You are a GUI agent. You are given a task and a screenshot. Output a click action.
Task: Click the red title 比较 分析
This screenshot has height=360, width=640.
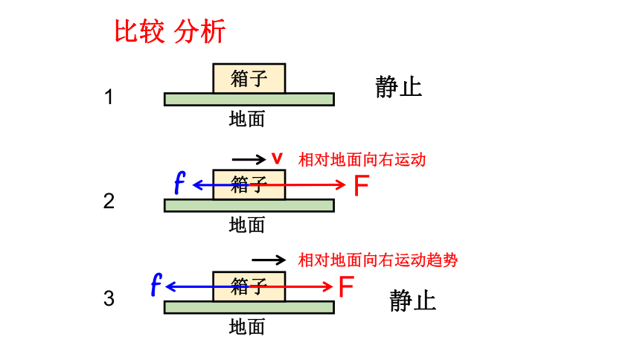pos(170,31)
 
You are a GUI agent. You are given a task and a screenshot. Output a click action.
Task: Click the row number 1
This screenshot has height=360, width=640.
pos(109,97)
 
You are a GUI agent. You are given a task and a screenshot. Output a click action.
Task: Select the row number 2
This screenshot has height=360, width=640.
pos(109,201)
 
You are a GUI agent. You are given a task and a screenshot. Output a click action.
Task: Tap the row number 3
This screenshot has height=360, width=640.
pos(109,298)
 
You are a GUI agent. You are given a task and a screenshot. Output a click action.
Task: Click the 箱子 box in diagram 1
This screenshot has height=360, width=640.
pos(249,78)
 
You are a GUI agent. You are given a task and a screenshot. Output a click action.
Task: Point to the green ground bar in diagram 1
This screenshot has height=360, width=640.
pos(249,99)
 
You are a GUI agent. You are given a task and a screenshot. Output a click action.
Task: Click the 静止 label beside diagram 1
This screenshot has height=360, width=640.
pos(398,86)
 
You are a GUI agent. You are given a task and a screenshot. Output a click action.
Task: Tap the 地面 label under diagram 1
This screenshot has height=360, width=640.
pos(247,119)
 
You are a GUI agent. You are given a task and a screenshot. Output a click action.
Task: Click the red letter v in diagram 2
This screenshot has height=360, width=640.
pos(277,158)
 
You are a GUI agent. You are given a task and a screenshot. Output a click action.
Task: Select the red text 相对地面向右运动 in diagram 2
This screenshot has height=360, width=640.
pos(362,160)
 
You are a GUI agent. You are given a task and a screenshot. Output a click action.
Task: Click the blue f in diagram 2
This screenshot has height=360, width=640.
pos(179,182)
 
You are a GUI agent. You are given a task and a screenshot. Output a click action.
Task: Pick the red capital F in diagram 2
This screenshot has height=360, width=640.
pos(362,186)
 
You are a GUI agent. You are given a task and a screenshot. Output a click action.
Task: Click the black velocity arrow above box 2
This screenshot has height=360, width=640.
pos(249,158)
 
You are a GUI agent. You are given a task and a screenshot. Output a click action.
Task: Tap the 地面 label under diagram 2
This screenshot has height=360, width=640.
pos(247,225)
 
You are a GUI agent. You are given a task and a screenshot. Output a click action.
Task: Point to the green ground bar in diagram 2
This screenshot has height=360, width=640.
pos(249,205)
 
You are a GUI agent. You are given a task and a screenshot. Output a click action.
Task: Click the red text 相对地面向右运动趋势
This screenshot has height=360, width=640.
pos(378,260)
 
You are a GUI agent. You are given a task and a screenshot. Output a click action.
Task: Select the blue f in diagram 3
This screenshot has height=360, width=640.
pos(156,284)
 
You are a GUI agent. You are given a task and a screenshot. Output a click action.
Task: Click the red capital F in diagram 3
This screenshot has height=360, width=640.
pos(346,286)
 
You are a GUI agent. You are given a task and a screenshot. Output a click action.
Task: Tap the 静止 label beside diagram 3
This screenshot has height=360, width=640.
pos(413,300)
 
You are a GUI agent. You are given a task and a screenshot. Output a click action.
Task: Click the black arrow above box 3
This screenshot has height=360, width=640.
pos(269,260)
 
